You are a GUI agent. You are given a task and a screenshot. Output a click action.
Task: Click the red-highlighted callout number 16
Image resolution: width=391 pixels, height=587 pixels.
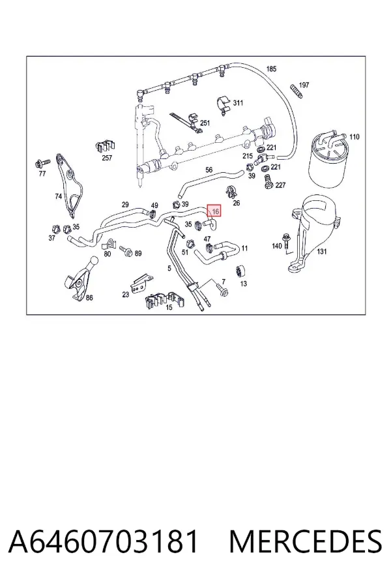[x=215, y=211]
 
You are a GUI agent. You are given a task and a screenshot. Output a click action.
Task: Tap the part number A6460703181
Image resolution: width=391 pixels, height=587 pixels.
[x=103, y=541]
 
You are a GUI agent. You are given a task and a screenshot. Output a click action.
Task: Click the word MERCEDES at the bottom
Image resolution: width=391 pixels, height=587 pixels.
[x=306, y=541]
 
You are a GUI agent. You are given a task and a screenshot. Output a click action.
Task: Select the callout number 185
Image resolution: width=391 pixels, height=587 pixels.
[x=271, y=69]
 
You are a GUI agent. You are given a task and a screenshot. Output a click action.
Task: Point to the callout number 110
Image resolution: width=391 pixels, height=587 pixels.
[x=354, y=137]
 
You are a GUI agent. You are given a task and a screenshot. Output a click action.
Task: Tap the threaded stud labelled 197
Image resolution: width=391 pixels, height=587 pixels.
[x=296, y=91]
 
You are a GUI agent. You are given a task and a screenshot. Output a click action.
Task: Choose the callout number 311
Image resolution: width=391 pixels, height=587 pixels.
[x=238, y=102]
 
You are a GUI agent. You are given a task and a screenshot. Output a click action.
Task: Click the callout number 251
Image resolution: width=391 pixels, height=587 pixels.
[x=205, y=123]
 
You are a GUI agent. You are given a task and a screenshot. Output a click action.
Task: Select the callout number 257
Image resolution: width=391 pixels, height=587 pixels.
[x=107, y=158]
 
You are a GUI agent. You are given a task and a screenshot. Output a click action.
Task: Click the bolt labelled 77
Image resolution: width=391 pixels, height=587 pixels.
[x=42, y=163]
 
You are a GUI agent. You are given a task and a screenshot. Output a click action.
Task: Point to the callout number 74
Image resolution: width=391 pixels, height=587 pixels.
[x=59, y=196]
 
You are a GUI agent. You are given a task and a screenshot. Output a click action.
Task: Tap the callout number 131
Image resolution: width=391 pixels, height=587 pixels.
[x=322, y=251]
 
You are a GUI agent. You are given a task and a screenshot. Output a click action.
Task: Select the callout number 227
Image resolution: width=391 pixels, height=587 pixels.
[x=280, y=185]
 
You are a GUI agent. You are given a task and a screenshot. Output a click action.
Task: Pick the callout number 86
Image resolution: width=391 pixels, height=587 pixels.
[x=89, y=298]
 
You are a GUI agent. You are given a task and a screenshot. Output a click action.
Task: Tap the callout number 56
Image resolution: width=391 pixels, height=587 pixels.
[x=209, y=170]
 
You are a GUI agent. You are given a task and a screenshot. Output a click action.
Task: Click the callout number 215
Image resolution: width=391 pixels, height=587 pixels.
[x=248, y=156]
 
